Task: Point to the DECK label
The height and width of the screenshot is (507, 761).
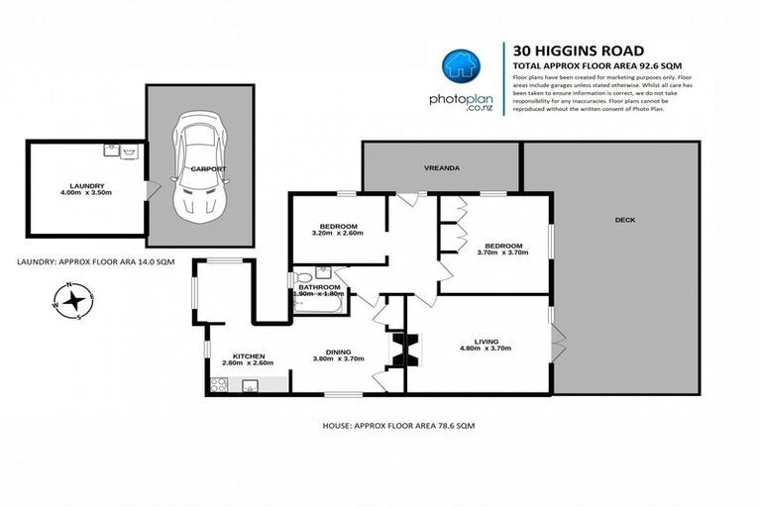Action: point(624,221)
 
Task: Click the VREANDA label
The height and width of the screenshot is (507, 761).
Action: point(441,168)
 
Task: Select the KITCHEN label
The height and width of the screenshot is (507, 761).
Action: point(249,355)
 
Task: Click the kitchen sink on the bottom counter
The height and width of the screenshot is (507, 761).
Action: point(250,386)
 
